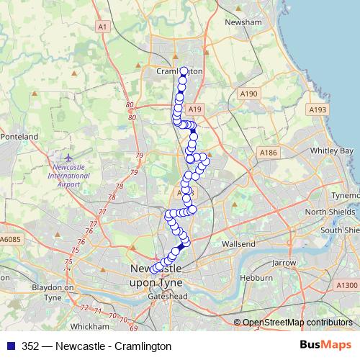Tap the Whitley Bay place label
[331, 151]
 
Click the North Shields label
[329, 212]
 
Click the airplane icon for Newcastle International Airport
[68, 158]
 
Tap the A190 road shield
[249, 94]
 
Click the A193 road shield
[318, 109]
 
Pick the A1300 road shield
[346, 284]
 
